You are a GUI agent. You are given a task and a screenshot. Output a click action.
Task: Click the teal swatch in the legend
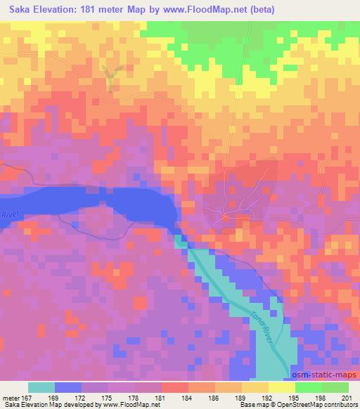click(41, 387)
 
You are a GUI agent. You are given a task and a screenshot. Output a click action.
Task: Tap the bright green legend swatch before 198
click(308, 387)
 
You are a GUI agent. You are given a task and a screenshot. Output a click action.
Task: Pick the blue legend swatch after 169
click(68, 387)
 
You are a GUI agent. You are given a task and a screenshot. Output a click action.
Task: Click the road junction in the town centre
click(225, 214)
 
